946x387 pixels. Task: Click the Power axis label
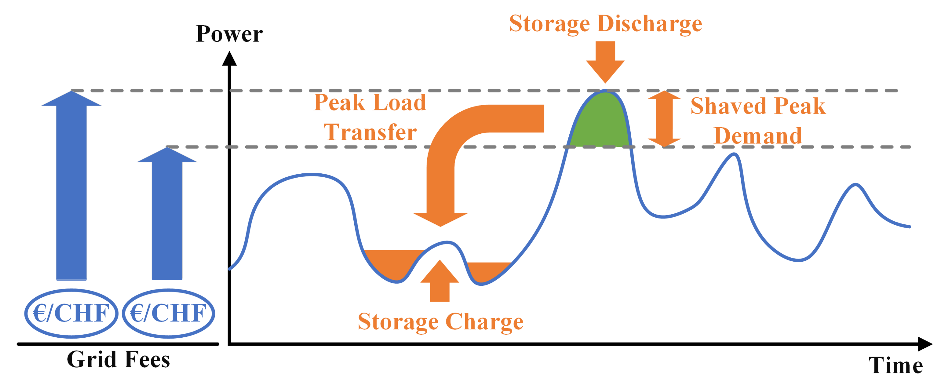229,34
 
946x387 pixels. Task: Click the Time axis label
895,365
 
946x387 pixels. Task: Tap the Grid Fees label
118,359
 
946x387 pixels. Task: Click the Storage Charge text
440,322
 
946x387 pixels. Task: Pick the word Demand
758,136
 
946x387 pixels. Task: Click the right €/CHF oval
168,313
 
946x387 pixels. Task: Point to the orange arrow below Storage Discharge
605,61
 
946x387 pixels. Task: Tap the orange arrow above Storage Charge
440,281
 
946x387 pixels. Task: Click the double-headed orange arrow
664,119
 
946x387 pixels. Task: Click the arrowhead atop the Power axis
229,59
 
